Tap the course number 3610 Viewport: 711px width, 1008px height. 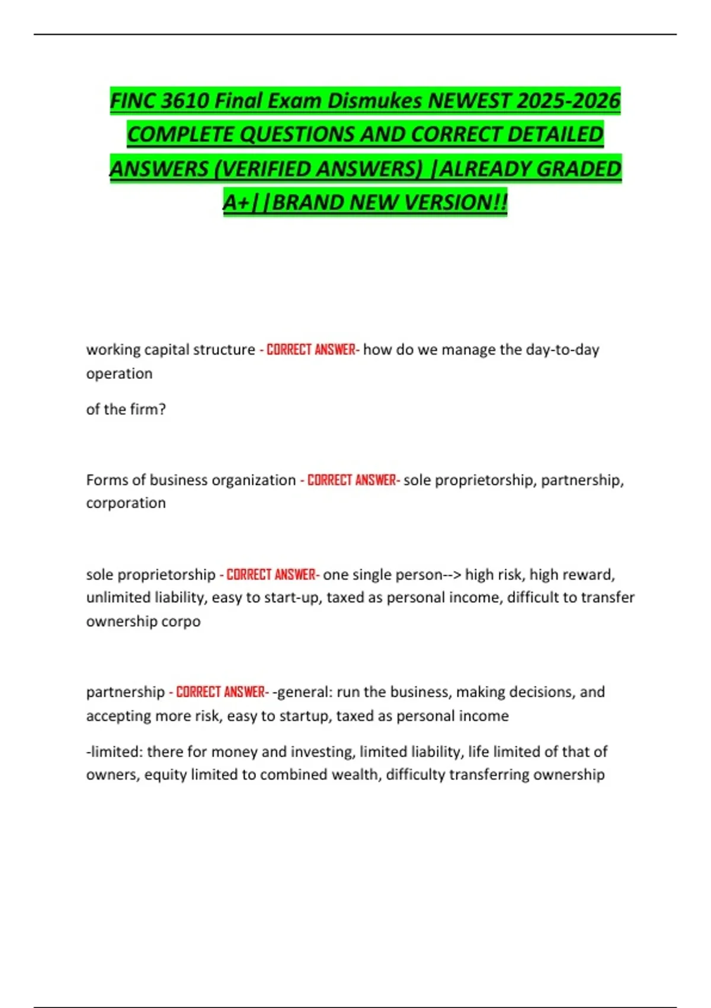tap(184, 101)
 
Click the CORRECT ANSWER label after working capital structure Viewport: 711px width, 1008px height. tap(310, 350)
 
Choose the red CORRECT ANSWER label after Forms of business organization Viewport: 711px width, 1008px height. tap(351, 480)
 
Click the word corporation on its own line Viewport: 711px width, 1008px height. tap(126, 503)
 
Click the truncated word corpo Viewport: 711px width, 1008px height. tap(183, 621)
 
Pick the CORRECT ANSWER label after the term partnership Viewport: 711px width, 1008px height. tap(220, 692)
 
